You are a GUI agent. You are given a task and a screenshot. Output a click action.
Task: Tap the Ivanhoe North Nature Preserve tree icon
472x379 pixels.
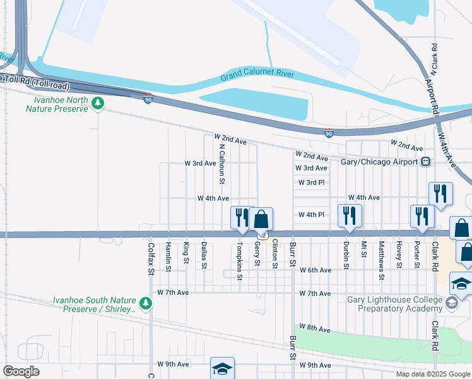tap(98, 103)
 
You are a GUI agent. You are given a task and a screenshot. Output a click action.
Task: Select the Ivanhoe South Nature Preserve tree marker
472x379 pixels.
tap(146, 304)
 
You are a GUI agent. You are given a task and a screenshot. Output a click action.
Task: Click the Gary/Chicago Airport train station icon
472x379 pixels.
tap(427, 162)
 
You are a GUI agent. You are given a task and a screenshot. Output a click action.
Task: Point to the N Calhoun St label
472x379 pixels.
tap(221, 163)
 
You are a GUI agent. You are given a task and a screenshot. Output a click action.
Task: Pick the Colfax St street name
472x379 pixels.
tap(151, 259)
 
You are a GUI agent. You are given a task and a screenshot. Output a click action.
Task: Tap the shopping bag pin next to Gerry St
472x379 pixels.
tap(261, 220)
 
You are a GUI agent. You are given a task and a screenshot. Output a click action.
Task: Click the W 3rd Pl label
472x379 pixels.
tap(312, 183)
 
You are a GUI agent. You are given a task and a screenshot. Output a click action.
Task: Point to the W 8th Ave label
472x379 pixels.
tap(316, 328)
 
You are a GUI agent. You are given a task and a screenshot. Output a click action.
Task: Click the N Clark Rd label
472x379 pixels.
tap(435, 57)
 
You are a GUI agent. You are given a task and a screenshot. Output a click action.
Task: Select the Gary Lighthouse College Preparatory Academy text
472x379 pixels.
tap(399, 304)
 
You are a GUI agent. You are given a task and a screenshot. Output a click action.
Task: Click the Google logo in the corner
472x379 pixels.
tap(21, 371)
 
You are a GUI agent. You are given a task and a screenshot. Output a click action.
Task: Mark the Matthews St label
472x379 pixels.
tap(382, 260)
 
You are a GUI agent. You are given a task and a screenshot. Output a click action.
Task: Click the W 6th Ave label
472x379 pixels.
tap(316, 270)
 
